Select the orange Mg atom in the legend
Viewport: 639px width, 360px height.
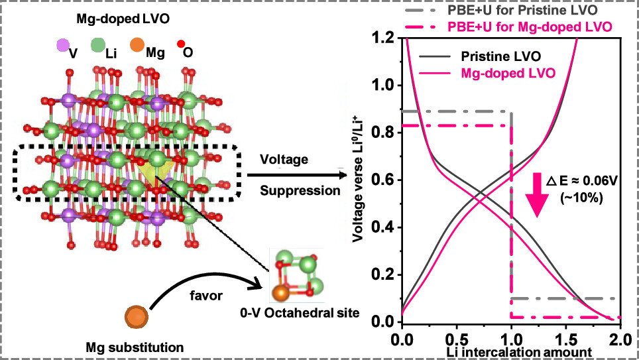137,46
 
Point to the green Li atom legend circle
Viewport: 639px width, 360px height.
98,46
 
